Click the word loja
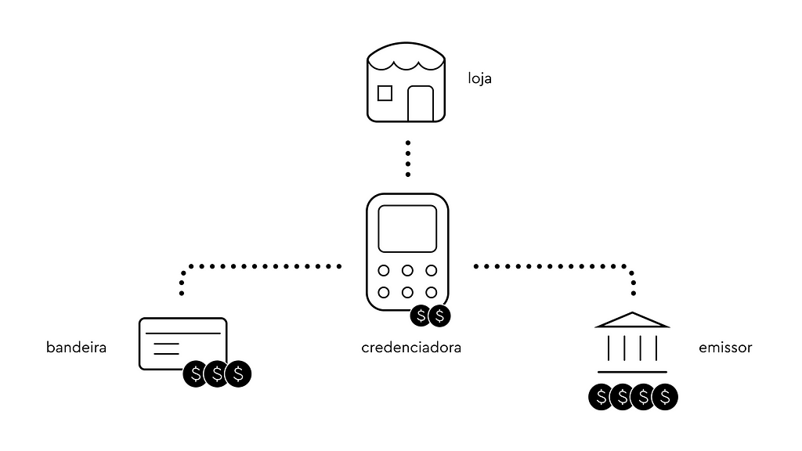[x=479, y=79]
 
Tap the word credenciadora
[x=411, y=348]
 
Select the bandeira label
[x=76, y=348]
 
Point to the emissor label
[x=724, y=348]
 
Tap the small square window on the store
[x=385, y=93]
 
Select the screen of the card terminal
[x=407, y=229]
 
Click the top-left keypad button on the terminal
[x=385, y=271]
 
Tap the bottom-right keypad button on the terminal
[x=431, y=293]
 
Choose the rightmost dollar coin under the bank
[x=665, y=397]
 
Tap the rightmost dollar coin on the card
[x=238, y=374]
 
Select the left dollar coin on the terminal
[x=421, y=316]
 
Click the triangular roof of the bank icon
[x=632, y=320]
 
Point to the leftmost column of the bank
[x=609, y=347]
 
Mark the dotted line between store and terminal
[x=407, y=159]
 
